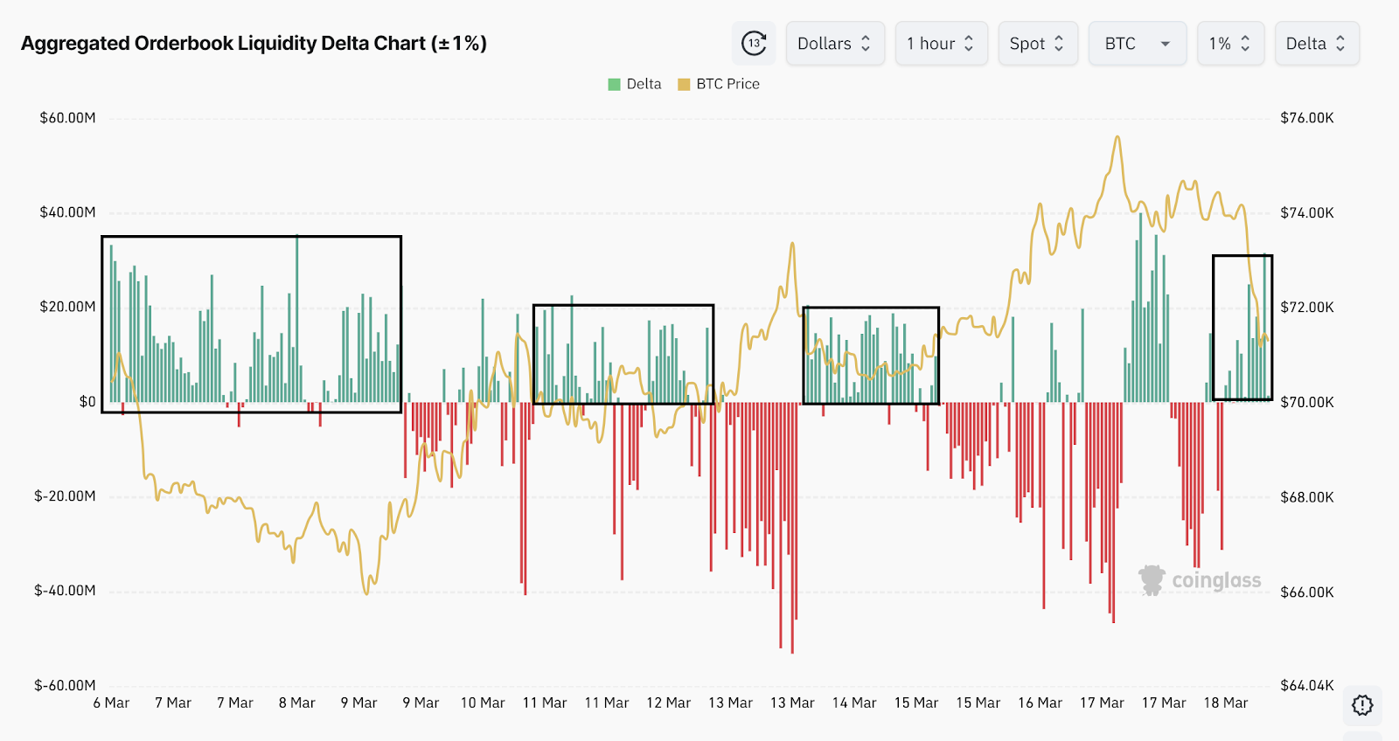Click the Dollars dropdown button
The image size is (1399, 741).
pos(834,44)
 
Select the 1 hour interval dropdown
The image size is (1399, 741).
pos(940,44)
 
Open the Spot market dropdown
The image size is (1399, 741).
pos(1037,44)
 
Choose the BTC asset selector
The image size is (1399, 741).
pos(1137,44)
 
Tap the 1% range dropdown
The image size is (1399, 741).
pos(1229,44)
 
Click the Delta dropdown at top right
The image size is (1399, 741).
pos(1316,44)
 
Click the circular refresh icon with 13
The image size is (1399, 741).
pos(754,44)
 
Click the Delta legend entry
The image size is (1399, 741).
pos(635,84)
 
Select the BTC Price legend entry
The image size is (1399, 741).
pos(719,84)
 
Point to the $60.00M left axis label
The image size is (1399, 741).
pos(67,118)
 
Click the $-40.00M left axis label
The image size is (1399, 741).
pos(65,591)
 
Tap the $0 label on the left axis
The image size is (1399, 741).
pos(87,402)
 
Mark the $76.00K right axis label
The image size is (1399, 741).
pos(1307,118)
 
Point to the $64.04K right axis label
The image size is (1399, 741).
pos(1307,685)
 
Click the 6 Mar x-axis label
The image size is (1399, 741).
pos(111,703)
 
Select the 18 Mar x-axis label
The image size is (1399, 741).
pos(1225,703)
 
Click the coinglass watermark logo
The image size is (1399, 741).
pos(1200,580)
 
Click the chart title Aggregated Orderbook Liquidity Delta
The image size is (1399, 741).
pos(254,44)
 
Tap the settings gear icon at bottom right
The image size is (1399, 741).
pos(1362,705)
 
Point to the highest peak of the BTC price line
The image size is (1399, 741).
pos(1117,137)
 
